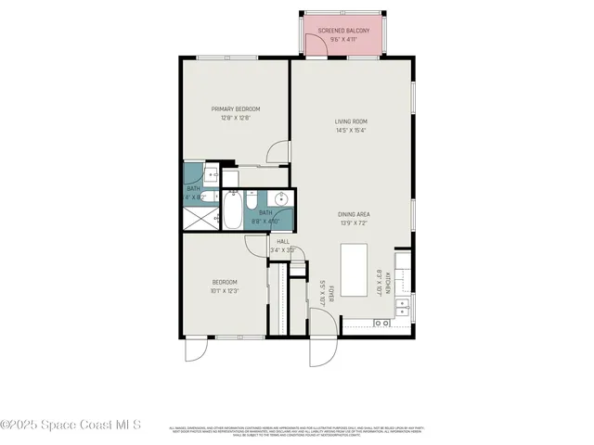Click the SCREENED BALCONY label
(344, 32)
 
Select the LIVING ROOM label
(352, 121)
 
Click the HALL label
(283, 241)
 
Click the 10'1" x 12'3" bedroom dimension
(226, 291)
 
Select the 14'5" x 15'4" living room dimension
(352, 131)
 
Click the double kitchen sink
(381, 324)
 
